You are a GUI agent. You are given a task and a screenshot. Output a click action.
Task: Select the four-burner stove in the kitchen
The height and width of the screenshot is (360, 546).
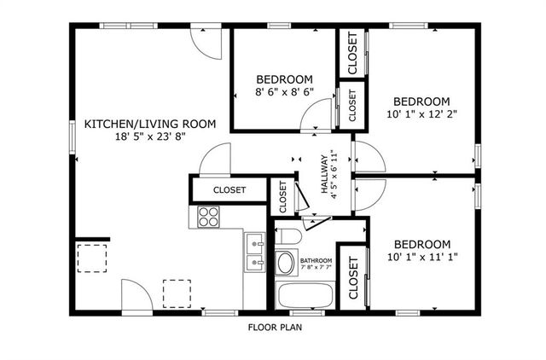(207, 217)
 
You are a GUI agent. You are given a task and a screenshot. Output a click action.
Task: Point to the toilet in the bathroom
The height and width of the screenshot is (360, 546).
(288, 236)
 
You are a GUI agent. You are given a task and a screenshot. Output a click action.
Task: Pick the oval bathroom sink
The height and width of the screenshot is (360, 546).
(286, 263)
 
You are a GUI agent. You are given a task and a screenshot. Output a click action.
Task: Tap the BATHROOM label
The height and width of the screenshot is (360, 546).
(316, 259)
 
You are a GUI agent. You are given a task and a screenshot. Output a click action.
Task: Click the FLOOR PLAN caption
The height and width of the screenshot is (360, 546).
(275, 326)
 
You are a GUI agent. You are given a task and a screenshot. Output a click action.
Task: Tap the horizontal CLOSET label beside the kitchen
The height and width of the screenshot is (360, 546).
(229, 190)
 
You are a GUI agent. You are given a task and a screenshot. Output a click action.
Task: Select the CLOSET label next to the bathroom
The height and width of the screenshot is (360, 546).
(352, 279)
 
